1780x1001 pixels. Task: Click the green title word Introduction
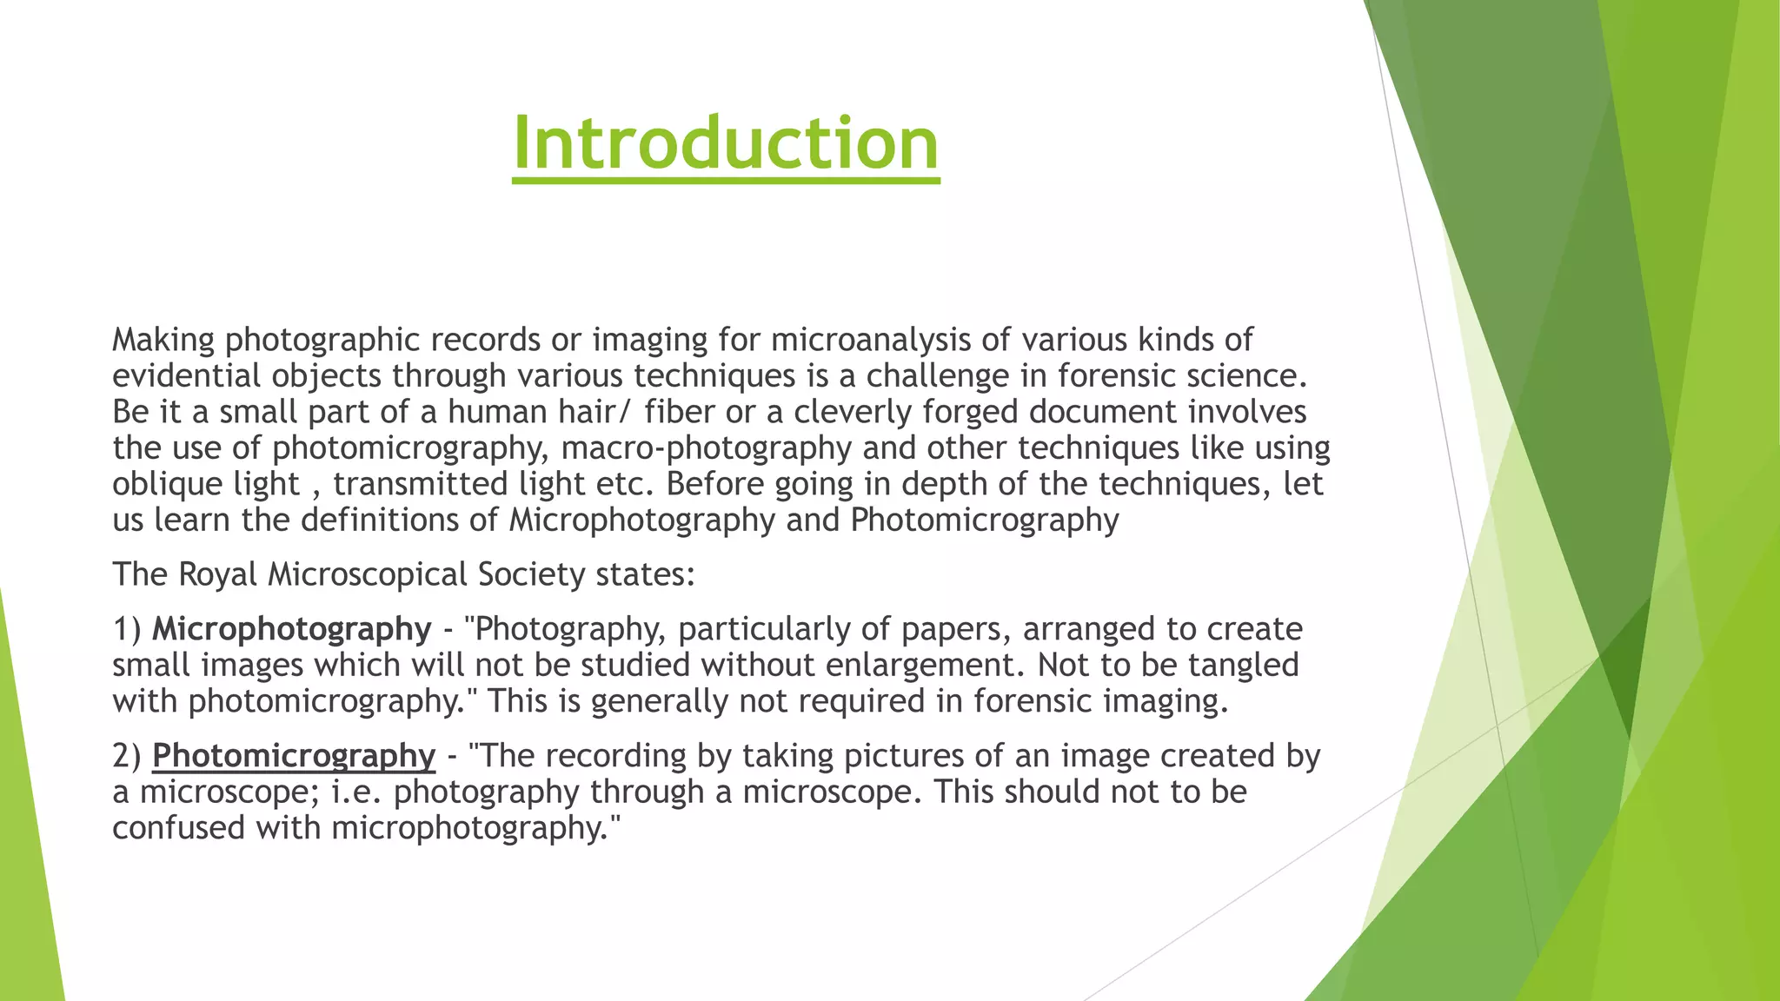point(726,143)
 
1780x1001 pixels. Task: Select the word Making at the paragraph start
point(163,340)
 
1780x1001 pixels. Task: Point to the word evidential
point(186,376)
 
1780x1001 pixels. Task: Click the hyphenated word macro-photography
point(706,448)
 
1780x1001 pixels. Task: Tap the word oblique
point(162,485)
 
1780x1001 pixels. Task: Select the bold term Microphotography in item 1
point(291,629)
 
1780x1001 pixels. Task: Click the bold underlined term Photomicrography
point(294,756)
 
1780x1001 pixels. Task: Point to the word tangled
point(1247,666)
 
